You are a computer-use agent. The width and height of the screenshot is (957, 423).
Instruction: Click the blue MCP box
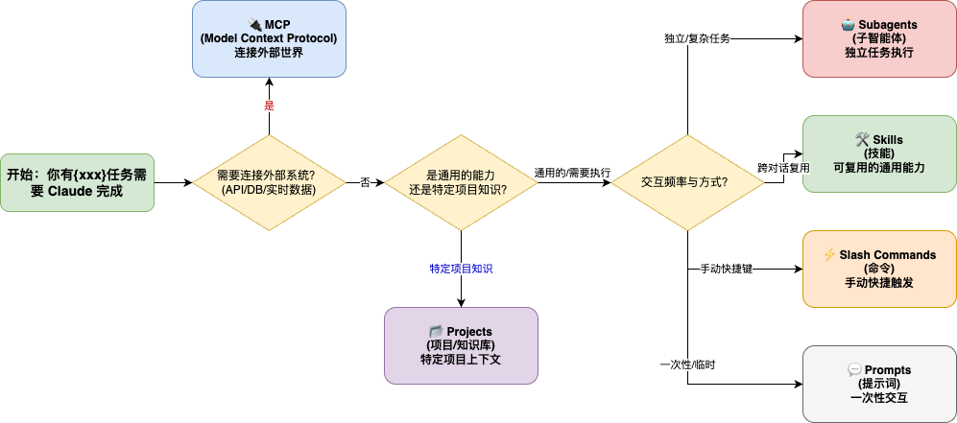point(269,38)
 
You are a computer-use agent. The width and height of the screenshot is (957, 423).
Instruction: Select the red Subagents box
point(879,38)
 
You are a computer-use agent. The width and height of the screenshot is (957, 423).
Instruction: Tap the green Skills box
point(879,153)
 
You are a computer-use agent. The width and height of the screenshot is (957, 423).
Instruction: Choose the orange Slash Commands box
point(879,269)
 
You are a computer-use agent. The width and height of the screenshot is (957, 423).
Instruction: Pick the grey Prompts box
point(879,384)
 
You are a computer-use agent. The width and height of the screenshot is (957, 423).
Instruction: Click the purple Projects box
point(461,345)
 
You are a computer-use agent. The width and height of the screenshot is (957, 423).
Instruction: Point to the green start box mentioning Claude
point(77,182)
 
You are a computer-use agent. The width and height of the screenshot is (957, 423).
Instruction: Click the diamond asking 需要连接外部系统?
point(269,182)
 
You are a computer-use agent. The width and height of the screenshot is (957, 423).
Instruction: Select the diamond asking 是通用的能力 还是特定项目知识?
point(460,182)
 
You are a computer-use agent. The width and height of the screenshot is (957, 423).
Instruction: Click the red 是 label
point(269,106)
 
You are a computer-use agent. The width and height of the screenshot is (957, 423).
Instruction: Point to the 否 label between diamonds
point(365,182)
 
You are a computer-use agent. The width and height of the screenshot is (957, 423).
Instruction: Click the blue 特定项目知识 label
point(461,269)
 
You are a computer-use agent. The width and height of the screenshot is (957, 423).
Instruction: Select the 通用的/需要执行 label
point(573,174)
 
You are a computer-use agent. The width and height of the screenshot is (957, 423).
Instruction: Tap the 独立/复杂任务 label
point(698,38)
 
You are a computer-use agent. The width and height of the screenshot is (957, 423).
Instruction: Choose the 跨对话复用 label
point(783,168)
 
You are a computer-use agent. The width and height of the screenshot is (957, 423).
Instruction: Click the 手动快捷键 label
point(726,269)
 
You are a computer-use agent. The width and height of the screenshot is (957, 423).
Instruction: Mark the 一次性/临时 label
point(687,364)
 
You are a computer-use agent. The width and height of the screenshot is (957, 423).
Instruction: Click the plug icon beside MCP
point(254,24)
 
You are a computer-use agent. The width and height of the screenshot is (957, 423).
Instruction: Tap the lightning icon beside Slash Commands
point(829,255)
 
